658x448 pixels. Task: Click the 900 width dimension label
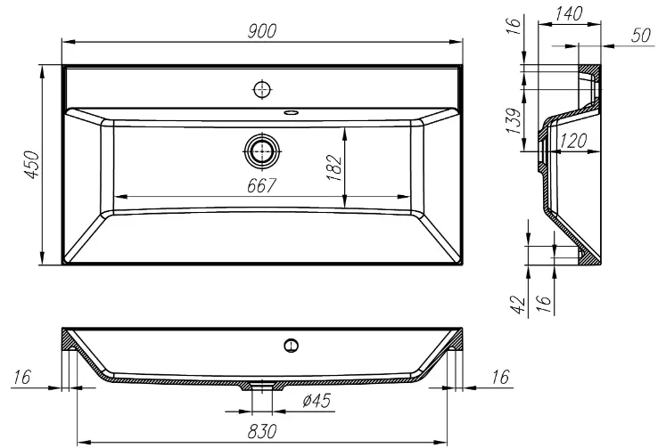[262, 31]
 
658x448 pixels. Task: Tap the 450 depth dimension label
[32, 165]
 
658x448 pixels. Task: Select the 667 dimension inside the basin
[261, 185]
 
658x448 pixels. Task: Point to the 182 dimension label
[334, 168]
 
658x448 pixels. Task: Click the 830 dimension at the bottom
[262, 431]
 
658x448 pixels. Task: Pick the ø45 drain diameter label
[317, 401]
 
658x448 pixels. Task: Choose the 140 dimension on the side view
[568, 14]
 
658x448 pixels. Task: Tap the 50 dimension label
[641, 36]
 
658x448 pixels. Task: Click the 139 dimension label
[514, 121]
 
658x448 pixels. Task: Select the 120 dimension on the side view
[573, 142]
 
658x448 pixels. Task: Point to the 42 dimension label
[517, 305]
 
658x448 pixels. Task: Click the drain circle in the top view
[262, 151]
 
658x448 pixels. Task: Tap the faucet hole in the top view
[262, 89]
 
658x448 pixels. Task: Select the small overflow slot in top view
[291, 112]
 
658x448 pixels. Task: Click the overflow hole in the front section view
[291, 346]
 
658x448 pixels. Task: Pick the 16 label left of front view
[21, 377]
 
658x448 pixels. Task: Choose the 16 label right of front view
[500, 377]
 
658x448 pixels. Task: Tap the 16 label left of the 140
[514, 25]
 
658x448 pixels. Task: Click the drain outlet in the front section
[262, 386]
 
